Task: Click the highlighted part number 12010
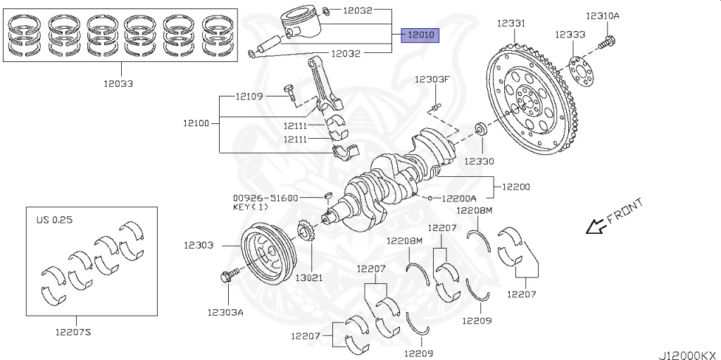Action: pyautogui.click(x=420, y=34)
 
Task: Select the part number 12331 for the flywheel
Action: pyautogui.click(x=510, y=23)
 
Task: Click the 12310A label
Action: pyautogui.click(x=601, y=15)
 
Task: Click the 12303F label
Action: pyautogui.click(x=431, y=79)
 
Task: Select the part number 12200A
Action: pyautogui.click(x=458, y=198)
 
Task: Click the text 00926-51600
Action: pyautogui.click(x=265, y=198)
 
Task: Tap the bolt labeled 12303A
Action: pyautogui.click(x=227, y=276)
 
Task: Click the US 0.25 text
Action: pyautogui.click(x=54, y=220)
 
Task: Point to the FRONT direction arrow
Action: pyautogui.click(x=596, y=225)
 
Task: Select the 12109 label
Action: pyautogui.click(x=249, y=96)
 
